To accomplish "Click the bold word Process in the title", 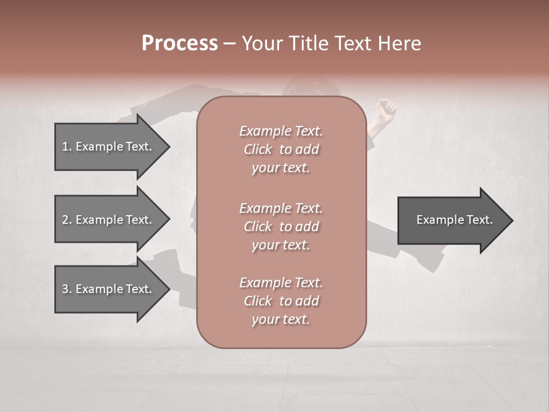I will pyautogui.click(x=180, y=43).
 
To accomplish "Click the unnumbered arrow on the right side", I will pyautogui.click(x=452, y=220).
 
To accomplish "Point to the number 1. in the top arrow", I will pyautogui.click(x=67, y=146).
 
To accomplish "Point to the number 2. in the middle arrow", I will pyautogui.click(x=67, y=220).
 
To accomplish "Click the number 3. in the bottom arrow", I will pyautogui.click(x=67, y=289).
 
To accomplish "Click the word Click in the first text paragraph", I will pyautogui.click(x=257, y=149).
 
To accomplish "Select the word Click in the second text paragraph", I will pyautogui.click(x=257, y=227).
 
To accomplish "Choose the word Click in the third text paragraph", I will pyautogui.click(x=257, y=301).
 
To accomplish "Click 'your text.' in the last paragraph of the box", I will pyautogui.click(x=281, y=319).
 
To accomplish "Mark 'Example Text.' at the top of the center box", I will pyautogui.click(x=281, y=131).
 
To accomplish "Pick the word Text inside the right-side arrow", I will pyautogui.click(x=476, y=220).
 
